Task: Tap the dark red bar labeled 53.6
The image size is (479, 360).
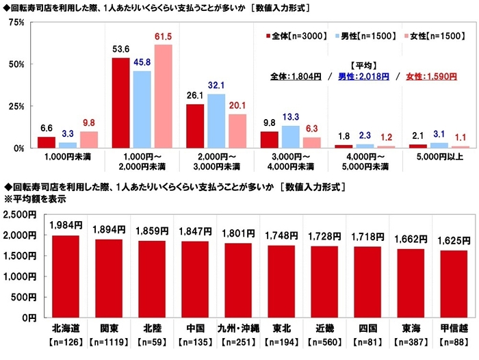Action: (x=120, y=103)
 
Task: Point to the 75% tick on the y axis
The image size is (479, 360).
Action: (x=16, y=23)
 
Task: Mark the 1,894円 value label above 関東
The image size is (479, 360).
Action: (x=110, y=229)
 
